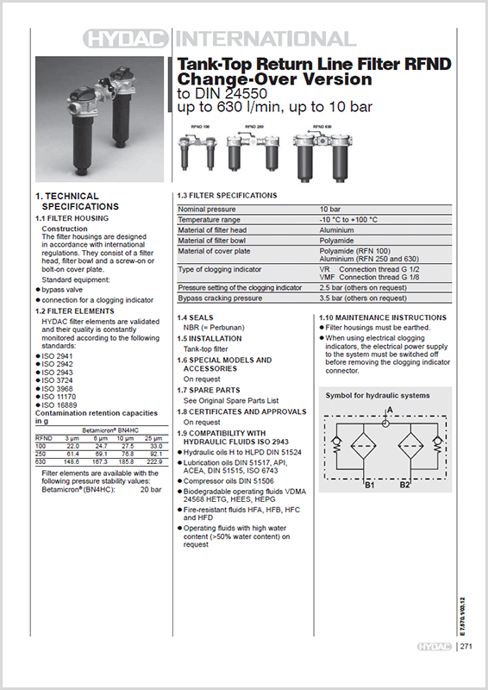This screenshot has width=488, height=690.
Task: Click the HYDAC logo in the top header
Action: [129, 39]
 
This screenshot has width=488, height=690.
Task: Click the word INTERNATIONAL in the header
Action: [265, 39]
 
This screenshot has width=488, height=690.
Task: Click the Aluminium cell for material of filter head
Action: [337, 230]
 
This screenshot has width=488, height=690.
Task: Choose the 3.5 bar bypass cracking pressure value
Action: [362, 298]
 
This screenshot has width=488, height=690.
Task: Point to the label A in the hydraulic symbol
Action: [389, 409]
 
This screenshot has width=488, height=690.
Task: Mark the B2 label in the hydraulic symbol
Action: [405, 486]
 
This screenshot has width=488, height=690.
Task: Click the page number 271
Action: [466, 646]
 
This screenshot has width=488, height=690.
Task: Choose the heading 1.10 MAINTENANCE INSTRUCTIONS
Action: [383, 318]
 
